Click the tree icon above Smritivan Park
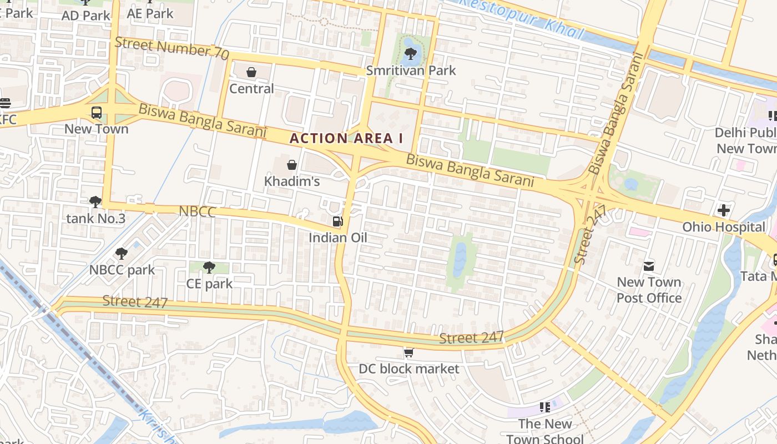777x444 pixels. [x=411, y=54]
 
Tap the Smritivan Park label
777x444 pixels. [x=411, y=70]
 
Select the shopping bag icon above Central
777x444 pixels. [x=251, y=72]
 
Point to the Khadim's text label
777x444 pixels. [x=292, y=181]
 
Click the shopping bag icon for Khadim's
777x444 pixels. [x=292, y=165]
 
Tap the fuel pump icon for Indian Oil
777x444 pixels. [x=337, y=221]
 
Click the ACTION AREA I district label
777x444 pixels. [x=346, y=138]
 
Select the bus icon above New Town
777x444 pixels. [x=97, y=113]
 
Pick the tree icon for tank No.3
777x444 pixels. [x=95, y=202]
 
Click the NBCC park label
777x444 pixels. [x=122, y=270]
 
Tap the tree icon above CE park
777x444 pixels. [x=209, y=268]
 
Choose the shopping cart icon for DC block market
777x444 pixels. [x=409, y=352]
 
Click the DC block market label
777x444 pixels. [x=409, y=369]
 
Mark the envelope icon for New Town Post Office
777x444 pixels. [x=649, y=266]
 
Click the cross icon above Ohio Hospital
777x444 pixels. [x=723, y=210]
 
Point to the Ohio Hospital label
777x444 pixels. [x=723, y=227]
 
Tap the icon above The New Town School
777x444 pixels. [x=545, y=408]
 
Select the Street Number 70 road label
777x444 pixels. [x=172, y=48]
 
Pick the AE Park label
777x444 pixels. [x=150, y=13]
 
